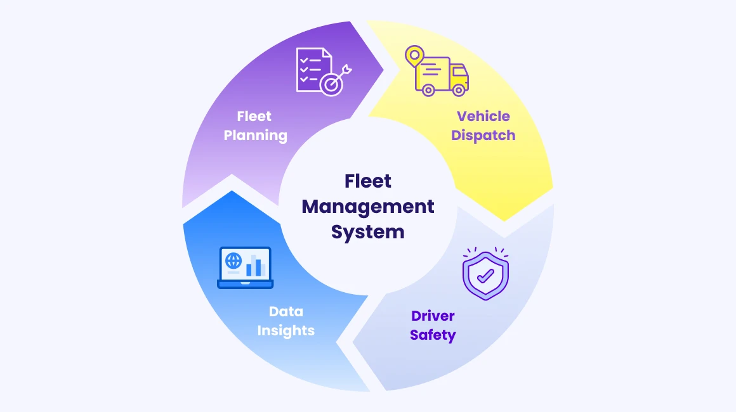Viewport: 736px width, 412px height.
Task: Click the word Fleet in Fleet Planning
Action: click(x=254, y=116)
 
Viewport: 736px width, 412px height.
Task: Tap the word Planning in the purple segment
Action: click(x=255, y=135)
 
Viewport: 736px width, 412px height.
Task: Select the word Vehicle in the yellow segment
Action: click(x=483, y=116)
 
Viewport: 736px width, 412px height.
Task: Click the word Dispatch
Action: click(x=483, y=135)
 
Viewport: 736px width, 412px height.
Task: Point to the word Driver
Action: click(x=433, y=316)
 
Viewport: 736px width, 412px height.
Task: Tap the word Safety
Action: click(x=433, y=335)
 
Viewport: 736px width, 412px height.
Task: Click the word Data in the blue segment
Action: click(x=286, y=311)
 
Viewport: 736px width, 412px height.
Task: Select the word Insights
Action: click(x=286, y=330)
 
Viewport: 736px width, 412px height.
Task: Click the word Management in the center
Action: click(x=368, y=206)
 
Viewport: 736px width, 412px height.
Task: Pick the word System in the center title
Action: click(x=368, y=231)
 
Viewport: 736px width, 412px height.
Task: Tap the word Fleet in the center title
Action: click(x=368, y=181)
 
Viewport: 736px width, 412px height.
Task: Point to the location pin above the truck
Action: click(x=414, y=55)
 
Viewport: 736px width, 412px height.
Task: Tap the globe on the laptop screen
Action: click(x=233, y=260)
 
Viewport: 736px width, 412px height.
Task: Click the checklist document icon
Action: click(x=312, y=67)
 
